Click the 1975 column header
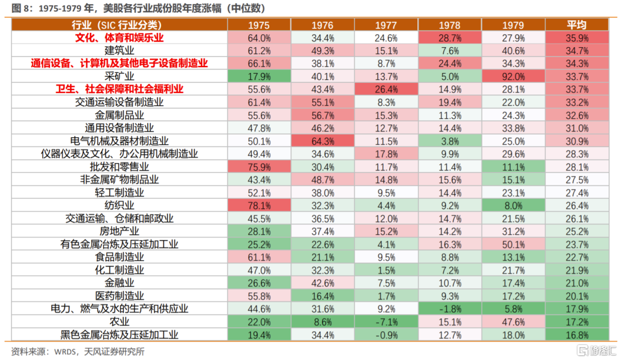259,25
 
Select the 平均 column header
576,25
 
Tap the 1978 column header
449,25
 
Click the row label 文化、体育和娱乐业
119,38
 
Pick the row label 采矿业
119,76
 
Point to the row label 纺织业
119,204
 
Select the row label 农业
119,322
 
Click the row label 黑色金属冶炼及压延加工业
119,335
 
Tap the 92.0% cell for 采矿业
513,76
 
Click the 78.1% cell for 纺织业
259,204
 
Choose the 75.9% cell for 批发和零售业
259,167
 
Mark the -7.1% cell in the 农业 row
386,322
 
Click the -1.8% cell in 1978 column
449,309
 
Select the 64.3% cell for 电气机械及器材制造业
323,141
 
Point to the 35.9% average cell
576,38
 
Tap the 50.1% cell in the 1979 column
513,244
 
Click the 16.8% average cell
576,335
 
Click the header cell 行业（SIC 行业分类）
119,25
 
